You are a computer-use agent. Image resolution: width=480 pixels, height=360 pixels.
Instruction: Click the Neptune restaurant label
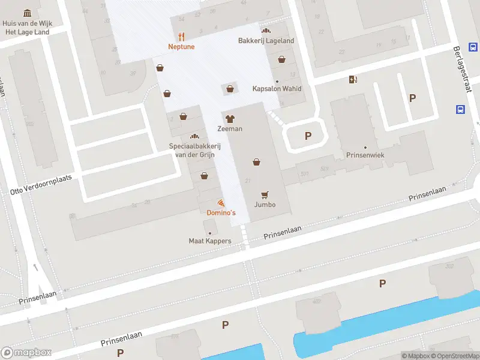[181, 46]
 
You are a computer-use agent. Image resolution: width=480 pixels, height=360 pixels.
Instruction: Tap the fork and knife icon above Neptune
[182, 36]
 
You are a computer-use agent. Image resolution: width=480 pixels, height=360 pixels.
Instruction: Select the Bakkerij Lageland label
[266, 41]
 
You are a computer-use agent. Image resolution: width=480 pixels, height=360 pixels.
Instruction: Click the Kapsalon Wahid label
[277, 89]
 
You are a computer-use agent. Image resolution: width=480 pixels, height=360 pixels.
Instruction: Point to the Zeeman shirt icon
[230, 118]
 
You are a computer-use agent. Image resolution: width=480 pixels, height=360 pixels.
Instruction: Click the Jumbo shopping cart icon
[265, 194]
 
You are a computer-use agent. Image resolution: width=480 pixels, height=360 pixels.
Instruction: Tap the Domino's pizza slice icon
[221, 203]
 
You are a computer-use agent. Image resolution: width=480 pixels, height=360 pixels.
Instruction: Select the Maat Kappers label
[210, 241]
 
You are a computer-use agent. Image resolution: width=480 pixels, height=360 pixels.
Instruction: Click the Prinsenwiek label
[365, 155]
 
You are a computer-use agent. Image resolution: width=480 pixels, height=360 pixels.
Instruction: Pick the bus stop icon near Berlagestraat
[460, 109]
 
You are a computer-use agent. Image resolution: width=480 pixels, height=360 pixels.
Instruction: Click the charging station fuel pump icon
[353, 79]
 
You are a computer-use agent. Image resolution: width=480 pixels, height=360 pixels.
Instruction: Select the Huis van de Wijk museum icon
[27, 13]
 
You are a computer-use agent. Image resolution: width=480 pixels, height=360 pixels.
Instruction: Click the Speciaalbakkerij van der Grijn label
[194, 150]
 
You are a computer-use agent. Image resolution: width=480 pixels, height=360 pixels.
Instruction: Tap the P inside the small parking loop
[308, 136]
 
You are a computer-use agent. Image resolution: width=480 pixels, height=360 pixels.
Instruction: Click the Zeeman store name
[230, 128]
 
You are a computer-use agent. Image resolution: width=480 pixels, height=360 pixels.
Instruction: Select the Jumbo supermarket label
[265, 205]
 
